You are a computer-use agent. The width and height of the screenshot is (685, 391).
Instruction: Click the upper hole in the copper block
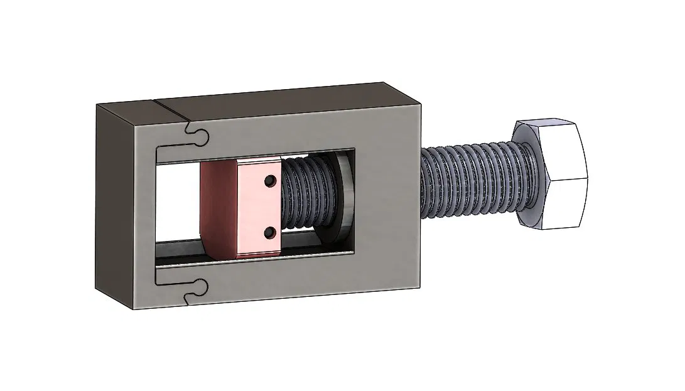coord(269,181)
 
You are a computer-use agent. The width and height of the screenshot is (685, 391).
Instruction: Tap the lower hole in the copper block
coord(269,233)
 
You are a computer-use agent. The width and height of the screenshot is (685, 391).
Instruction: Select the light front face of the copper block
coord(257,207)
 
